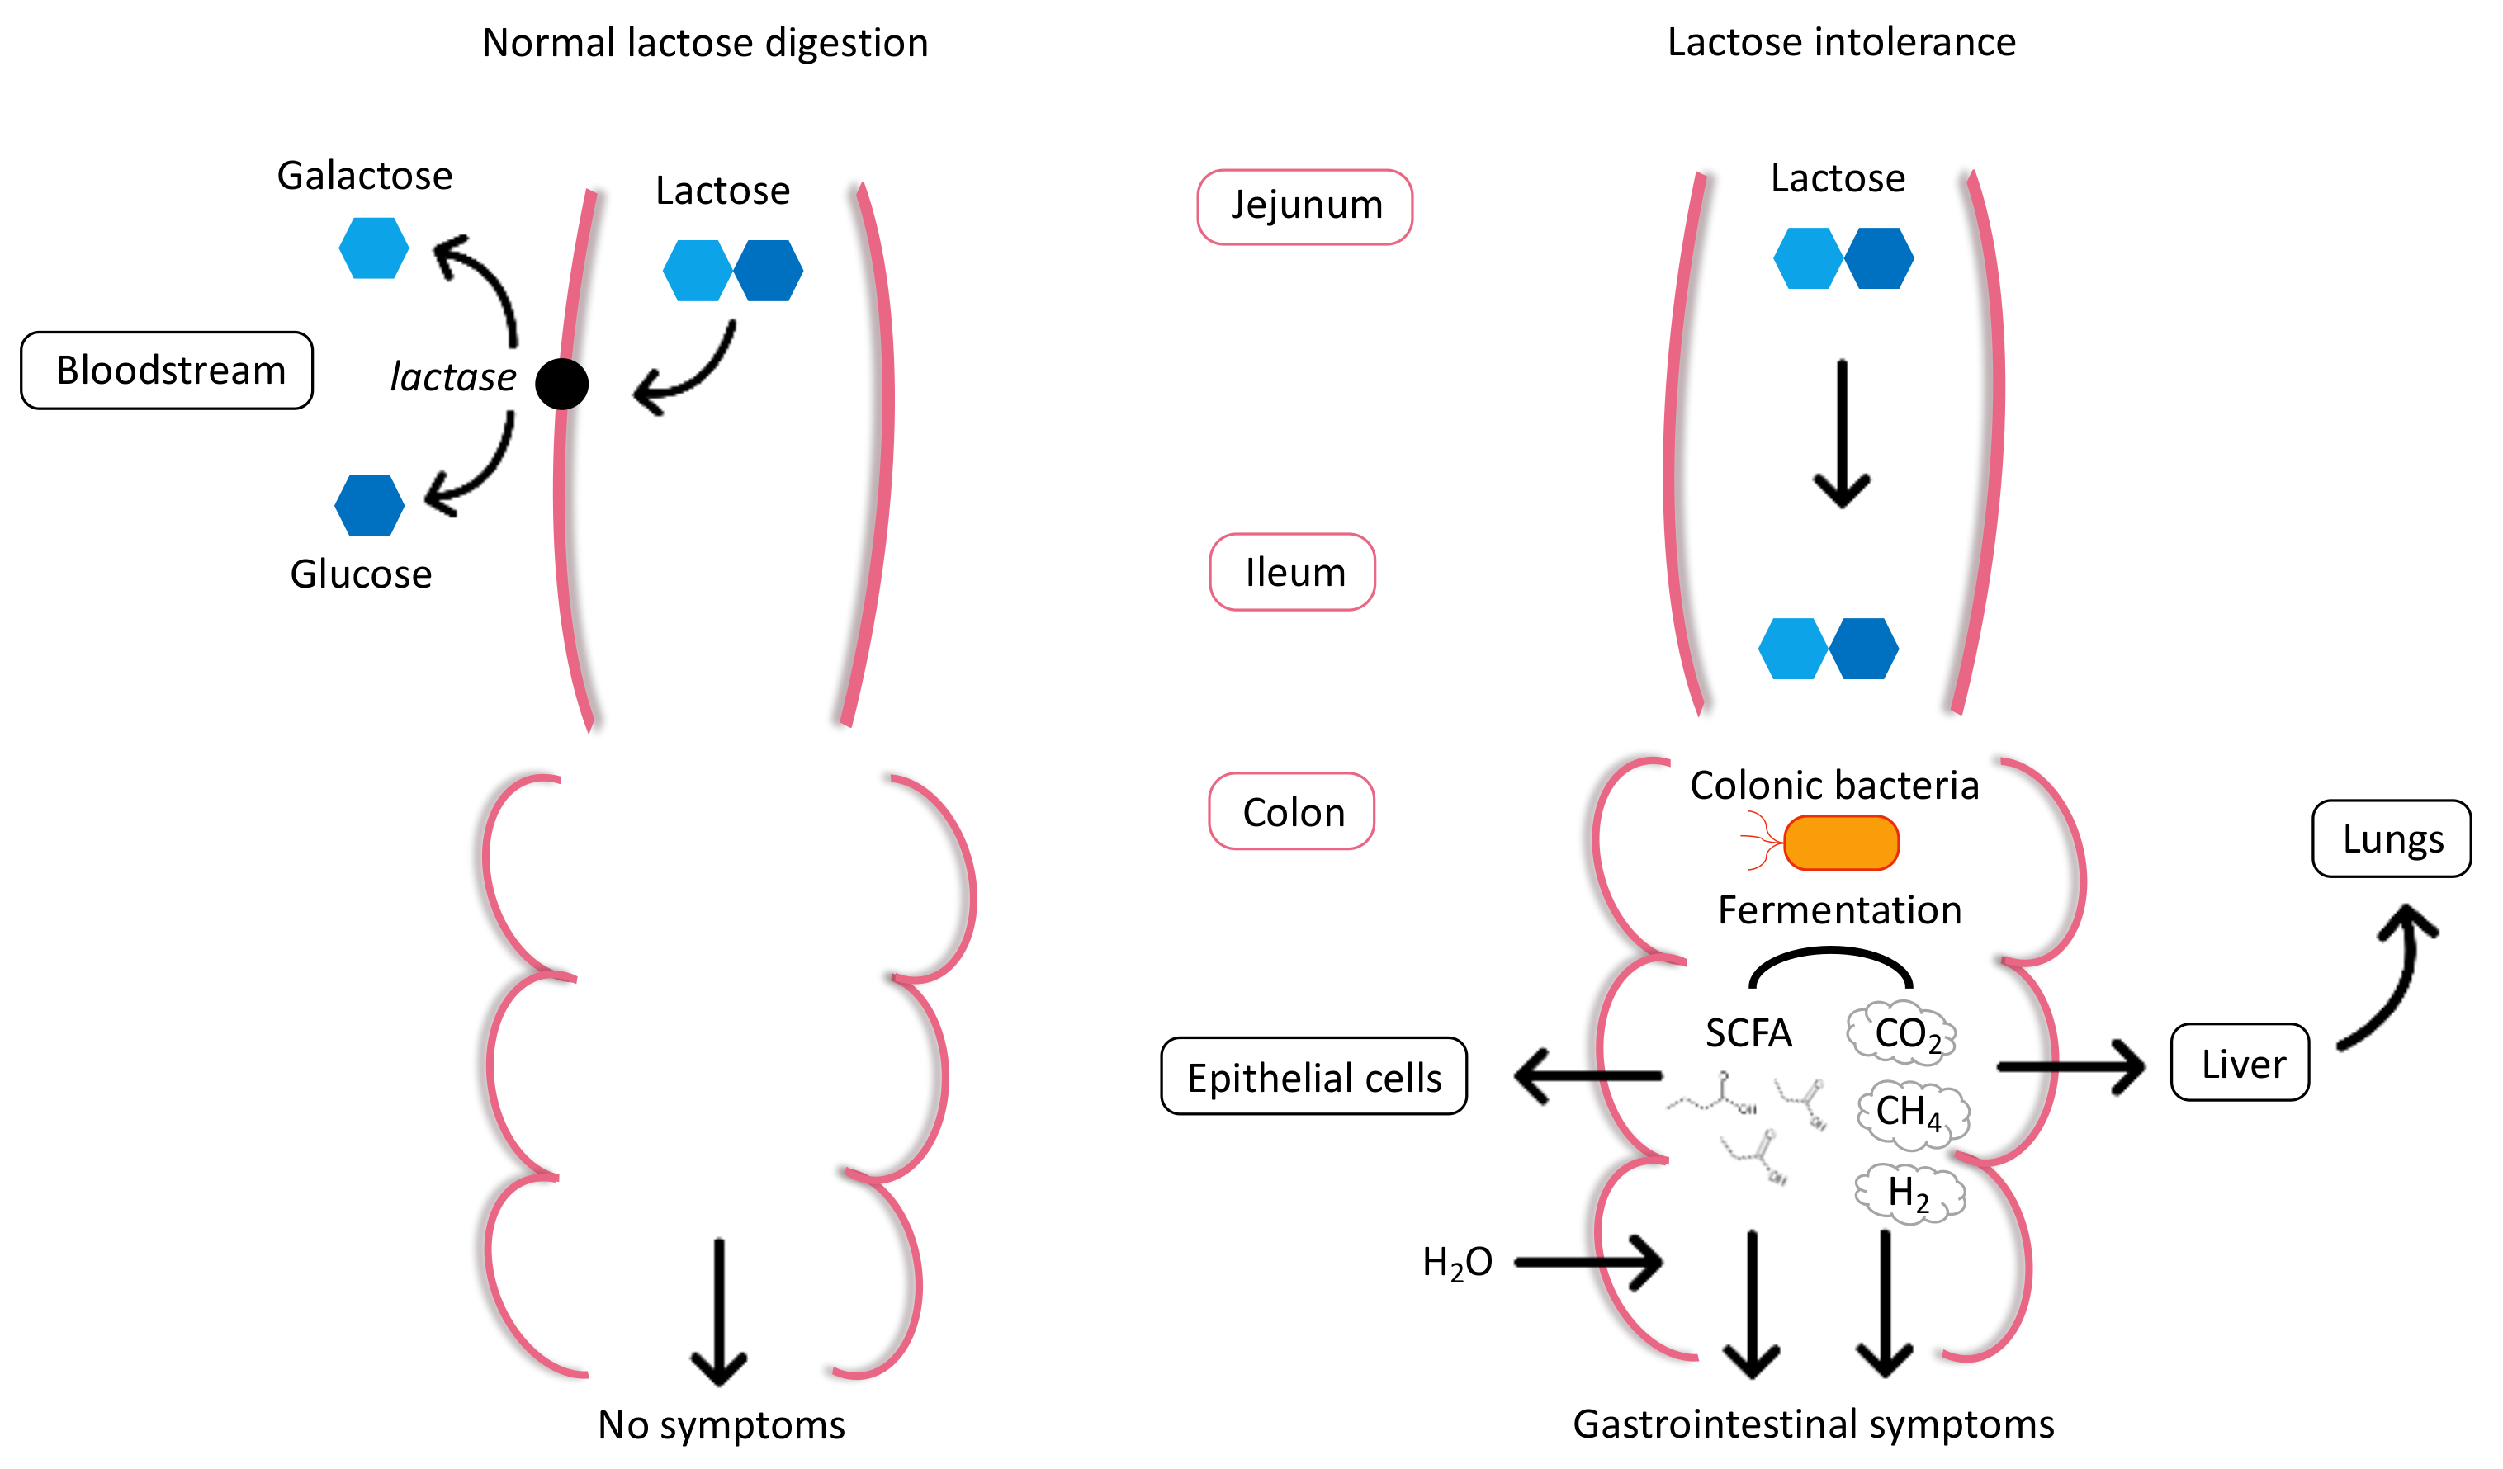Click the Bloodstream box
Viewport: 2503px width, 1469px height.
pyautogui.click(x=167, y=371)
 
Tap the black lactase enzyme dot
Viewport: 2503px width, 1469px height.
pyautogui.click(x=561, y=384)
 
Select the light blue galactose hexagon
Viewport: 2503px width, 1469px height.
pyautogui.click(x=373, y=248)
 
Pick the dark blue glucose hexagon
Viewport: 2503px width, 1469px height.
pyautogui.click(x=370, y=506)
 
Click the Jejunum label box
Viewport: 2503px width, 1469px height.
pyautogui.click(x=1304, y=206)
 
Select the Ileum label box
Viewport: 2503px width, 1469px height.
pyautogui.click(x=1292, y=572)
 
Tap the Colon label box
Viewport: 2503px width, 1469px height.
pyautogui.click(x=1291, y=811)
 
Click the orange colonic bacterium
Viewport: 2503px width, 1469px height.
pyautogui.click(x=1840, y=843)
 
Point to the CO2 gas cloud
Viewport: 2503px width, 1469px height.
pyautogui.click(x=1902, y=1033)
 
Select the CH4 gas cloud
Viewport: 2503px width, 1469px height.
pyautogui.click(x=1912, y=1112)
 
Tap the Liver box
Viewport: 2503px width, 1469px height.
pyautogui.click(x=2240, y=1063)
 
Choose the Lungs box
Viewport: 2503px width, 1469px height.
pyautogui.click(x=2391, y=839)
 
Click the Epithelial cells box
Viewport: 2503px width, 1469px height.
pyautogui.click(x=1313, y=1077)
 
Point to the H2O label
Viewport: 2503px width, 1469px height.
pyautogui.click(x=1456, y=1263)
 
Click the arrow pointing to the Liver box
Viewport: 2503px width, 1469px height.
pyautogui.click(x=2071, y=1068)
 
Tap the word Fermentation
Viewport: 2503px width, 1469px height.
pyautogui.click(x=1839, y=909)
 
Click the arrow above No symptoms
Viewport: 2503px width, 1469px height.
pyautogui.click(x=719, y=1311)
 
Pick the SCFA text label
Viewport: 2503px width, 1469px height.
pyautogui.click(x=1748, y=1033)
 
